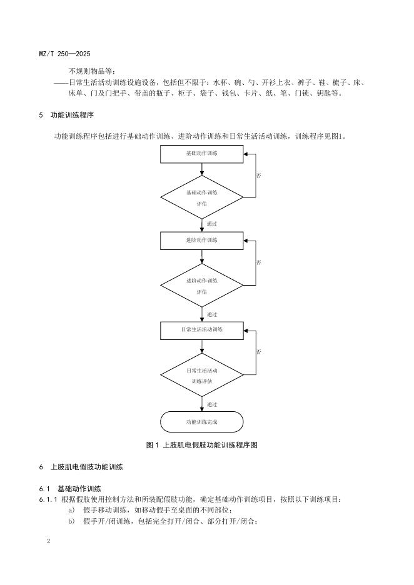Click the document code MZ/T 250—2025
(x=64, y=54)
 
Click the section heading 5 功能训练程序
(x=67, y=116)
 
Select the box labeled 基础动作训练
(x=201, y=154)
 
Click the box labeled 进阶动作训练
(x=201, y=241)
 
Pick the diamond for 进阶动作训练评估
(x=201, y=286)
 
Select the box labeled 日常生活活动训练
(x=201, y=330)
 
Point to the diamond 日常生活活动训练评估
(x=201, y=375)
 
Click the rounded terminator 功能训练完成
(x=201, y=422)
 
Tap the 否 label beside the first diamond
(x=259, y=176)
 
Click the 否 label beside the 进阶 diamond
(x=259, y=262)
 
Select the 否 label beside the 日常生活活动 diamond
(x=259, y=352)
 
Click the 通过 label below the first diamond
(x=212, y=223)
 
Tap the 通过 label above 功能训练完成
(x=212, y=404)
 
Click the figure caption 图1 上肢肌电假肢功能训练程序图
(x=201, y=445)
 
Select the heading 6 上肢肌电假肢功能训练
(x=81, y=467)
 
